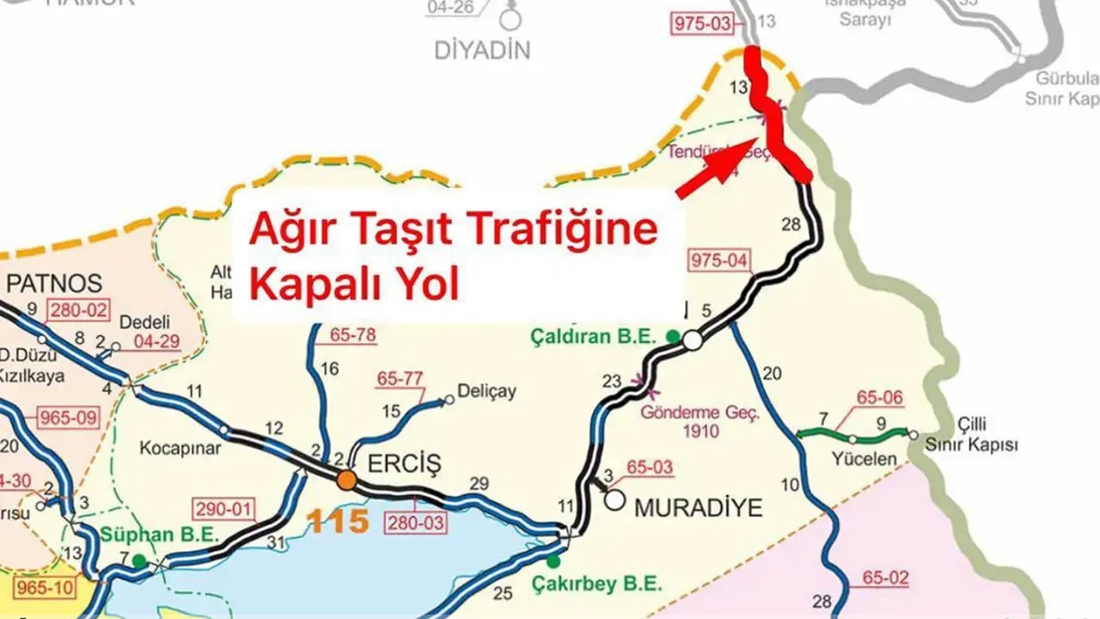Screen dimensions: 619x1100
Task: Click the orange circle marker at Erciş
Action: [x=346, y=480]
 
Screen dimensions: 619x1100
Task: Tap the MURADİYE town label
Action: [x=698, y=507]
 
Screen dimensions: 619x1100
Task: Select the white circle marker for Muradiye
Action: [x=614, y=499]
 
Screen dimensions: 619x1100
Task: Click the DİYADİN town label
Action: [x=482, y=50]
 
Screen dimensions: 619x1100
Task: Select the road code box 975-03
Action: [x=700, y=23]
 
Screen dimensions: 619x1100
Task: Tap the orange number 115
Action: [x=339, y=520]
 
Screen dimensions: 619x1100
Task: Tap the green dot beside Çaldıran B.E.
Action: [x=674, y=336]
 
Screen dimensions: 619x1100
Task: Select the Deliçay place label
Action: [x=487, y=391]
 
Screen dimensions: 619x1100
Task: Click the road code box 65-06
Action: [x=881, y=397]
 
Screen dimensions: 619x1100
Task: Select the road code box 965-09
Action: [x=68, y=420]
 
